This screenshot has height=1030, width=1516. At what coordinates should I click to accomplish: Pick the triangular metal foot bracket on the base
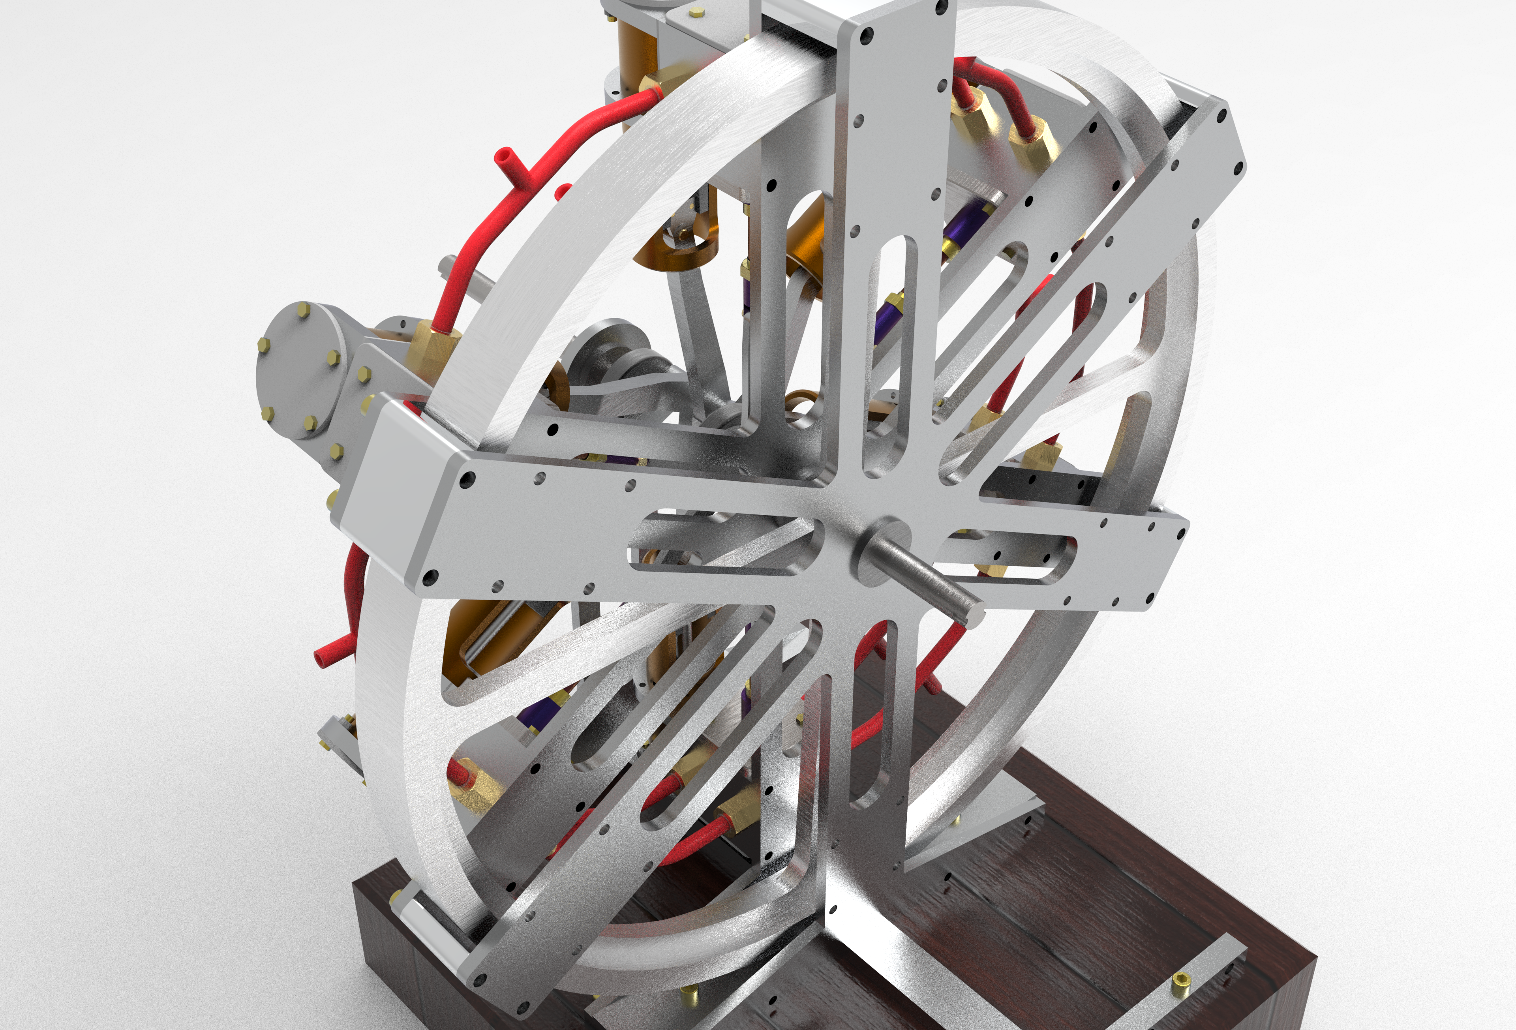click(x=978, y=835)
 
